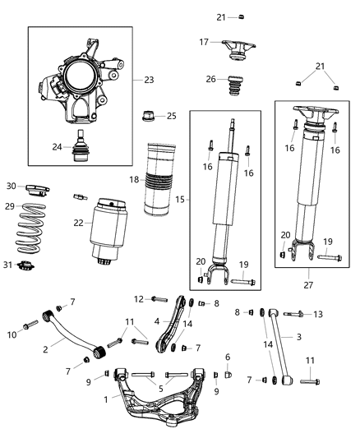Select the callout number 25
point(171,116)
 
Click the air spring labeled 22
point(108,226)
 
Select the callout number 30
point(11,186)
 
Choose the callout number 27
point(309,285)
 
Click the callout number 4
point(156,321)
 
